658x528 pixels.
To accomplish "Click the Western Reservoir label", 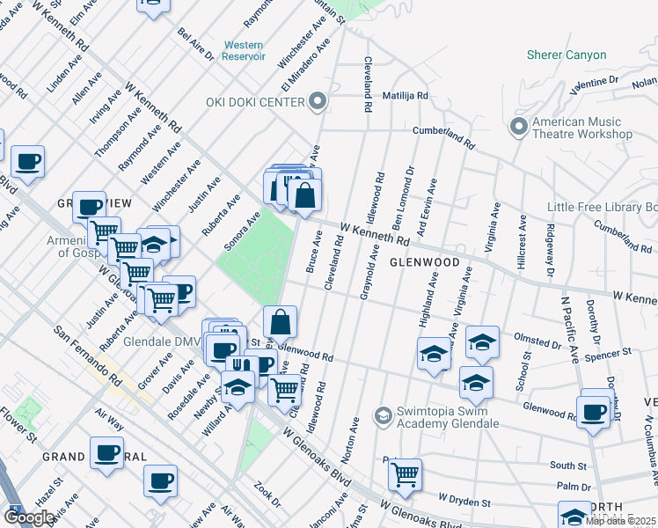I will click(244, 50).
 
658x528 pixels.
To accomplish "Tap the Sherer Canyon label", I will click(567, 55).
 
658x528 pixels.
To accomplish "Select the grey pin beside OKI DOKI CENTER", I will click(318, 102).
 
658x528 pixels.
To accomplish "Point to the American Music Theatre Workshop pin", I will click(518, 126).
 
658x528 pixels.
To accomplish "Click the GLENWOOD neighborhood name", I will click(425, 262).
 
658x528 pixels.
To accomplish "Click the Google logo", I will click(29, 517).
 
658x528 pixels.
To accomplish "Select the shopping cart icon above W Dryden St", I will click(405, 475).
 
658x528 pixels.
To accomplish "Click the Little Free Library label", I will click(602, 207).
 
